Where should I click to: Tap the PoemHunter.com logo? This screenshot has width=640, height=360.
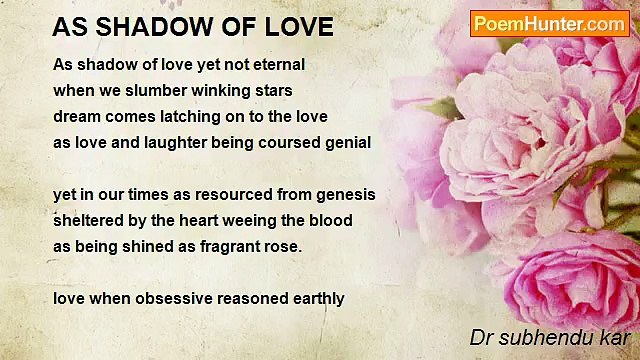pos(549,23)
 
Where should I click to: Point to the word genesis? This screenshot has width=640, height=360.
pos(343,194)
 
